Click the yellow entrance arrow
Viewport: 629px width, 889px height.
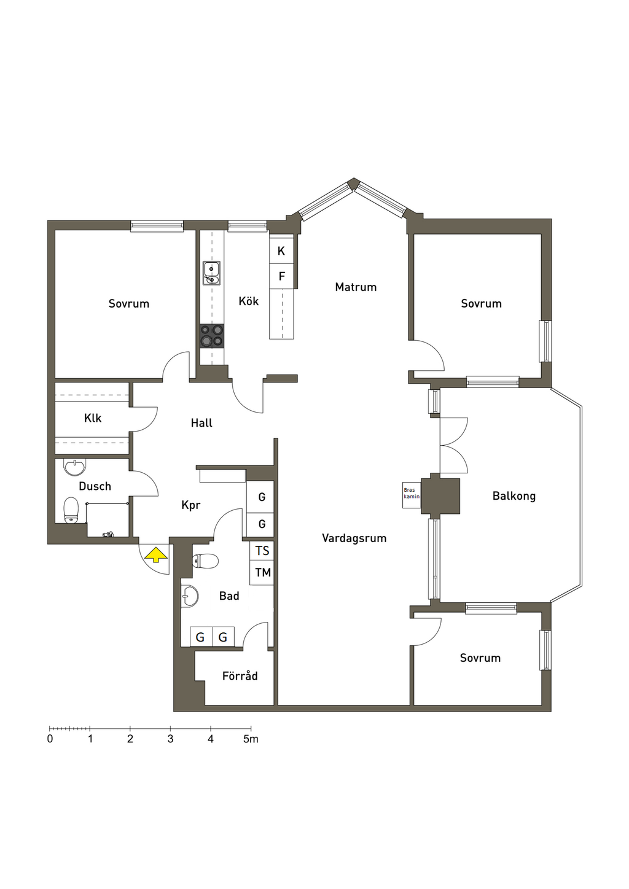click(x=156, y=554)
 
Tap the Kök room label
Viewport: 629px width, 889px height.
click(x=249, y=301)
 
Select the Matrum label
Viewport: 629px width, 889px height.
click(x=356, y=287)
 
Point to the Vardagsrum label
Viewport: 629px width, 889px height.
click(x=354, y=538)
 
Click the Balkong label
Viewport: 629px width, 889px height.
click(x=514, y=496)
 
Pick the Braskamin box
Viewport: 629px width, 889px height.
click(x=412, y=495)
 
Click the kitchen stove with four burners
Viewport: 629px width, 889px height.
click(x=212, y=336)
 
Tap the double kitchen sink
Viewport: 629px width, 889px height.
click(x=212, y=273)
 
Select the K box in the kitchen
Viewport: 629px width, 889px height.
click(x=281, y=251)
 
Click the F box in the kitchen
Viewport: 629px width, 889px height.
click(x=281, y=276)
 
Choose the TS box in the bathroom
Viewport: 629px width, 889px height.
click(x=262, y=551)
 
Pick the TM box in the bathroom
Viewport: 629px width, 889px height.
click(x=262, y=572)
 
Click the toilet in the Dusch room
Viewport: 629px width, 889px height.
click(x=71, y=511)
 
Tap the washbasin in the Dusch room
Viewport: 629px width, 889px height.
click(x=75, y=467)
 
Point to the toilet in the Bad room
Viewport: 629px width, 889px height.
click(x=205, y=561)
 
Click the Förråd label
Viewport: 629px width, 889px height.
click(x=240, y=675)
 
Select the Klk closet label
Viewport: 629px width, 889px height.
click(x=93, y=418)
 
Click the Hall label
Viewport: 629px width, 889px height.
click(x=201, y=423)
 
